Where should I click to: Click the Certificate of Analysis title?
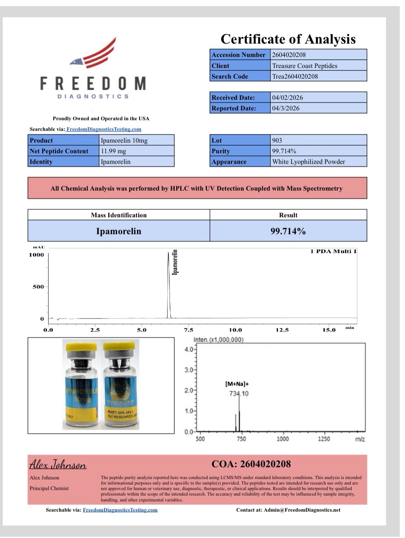(x=288, y=39)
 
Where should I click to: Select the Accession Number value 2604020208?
(x=289, y=55)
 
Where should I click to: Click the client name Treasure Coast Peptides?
(x=305, y=66)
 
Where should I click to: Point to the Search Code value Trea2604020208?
(x=295, y=76)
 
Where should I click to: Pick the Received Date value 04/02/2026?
(x=287, y=97)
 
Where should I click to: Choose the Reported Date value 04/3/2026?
(x=285, y=108)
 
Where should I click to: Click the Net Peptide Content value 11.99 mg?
(x=113, y=151)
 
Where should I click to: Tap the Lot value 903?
(x=277, y=140)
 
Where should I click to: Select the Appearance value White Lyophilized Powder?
(x=308, y=161)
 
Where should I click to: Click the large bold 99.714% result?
(x=288, y=231)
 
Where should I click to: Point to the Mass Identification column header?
(x=119, y=215)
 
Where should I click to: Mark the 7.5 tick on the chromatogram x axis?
(x=188, y=330)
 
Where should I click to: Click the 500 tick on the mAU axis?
(x=38, y=287)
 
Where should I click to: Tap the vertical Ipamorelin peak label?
(x=175, y=262)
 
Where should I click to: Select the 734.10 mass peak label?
(x=239, y=393)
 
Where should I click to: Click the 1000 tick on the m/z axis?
(x=283, y=439)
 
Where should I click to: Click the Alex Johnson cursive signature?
(x=58, y=465)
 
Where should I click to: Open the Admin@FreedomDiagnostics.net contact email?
(x=302, y=510)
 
